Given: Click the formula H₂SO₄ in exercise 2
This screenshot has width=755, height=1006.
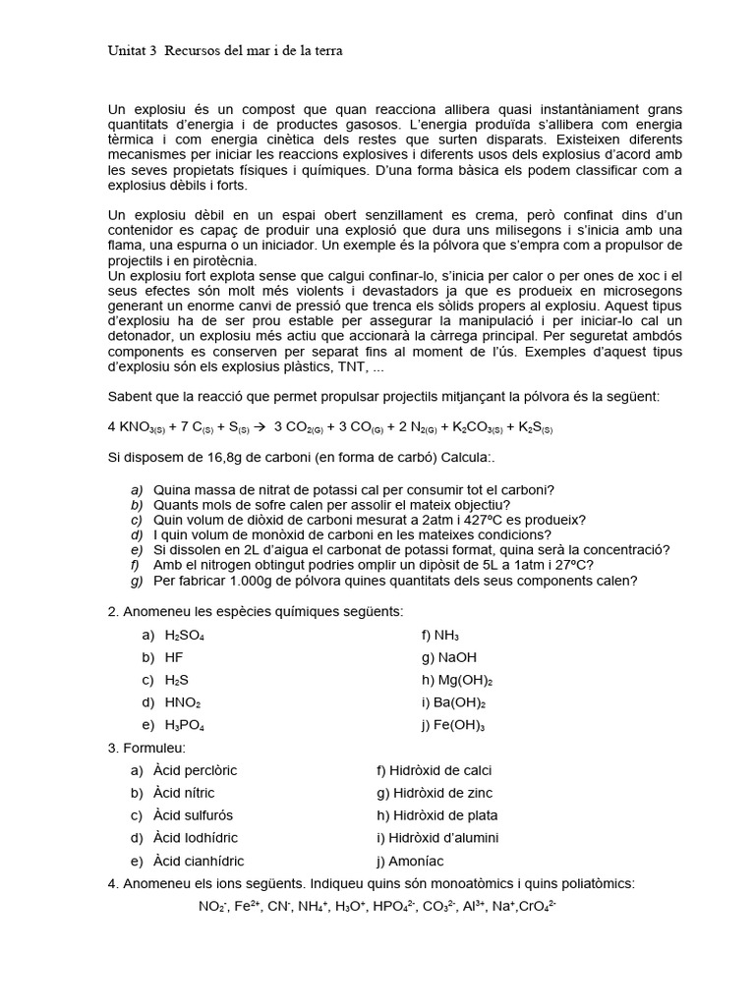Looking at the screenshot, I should point(185,636).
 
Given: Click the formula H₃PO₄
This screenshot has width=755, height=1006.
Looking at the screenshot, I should point(185,726).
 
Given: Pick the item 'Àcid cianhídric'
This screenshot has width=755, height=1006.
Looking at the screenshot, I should point(200,861).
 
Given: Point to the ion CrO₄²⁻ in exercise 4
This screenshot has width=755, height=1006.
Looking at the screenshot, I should point(537,906).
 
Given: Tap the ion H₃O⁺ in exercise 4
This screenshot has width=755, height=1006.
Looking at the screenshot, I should point(352,906).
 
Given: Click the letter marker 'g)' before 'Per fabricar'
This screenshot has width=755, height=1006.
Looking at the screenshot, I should point(137,581).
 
